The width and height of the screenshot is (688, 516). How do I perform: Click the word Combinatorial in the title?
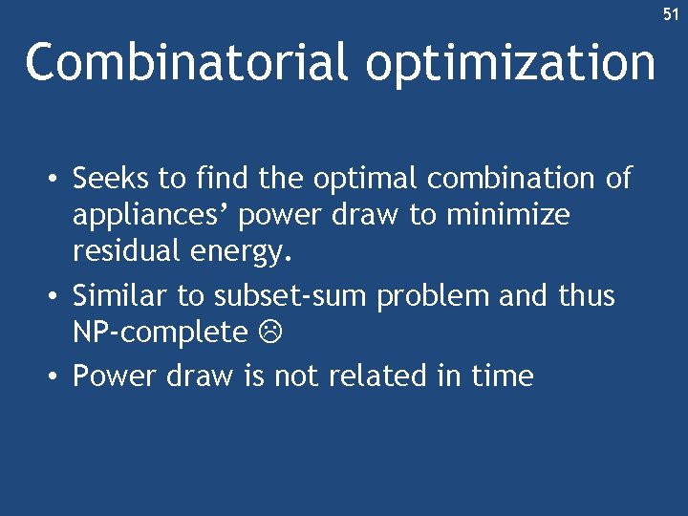click(186, 63)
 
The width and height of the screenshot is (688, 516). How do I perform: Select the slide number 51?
click(671, 14)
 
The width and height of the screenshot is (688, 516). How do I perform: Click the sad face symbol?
click(270, 333)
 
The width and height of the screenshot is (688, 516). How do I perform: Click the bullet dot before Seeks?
click(58, 180)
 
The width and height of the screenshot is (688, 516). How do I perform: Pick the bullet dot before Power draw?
click(58, 376)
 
